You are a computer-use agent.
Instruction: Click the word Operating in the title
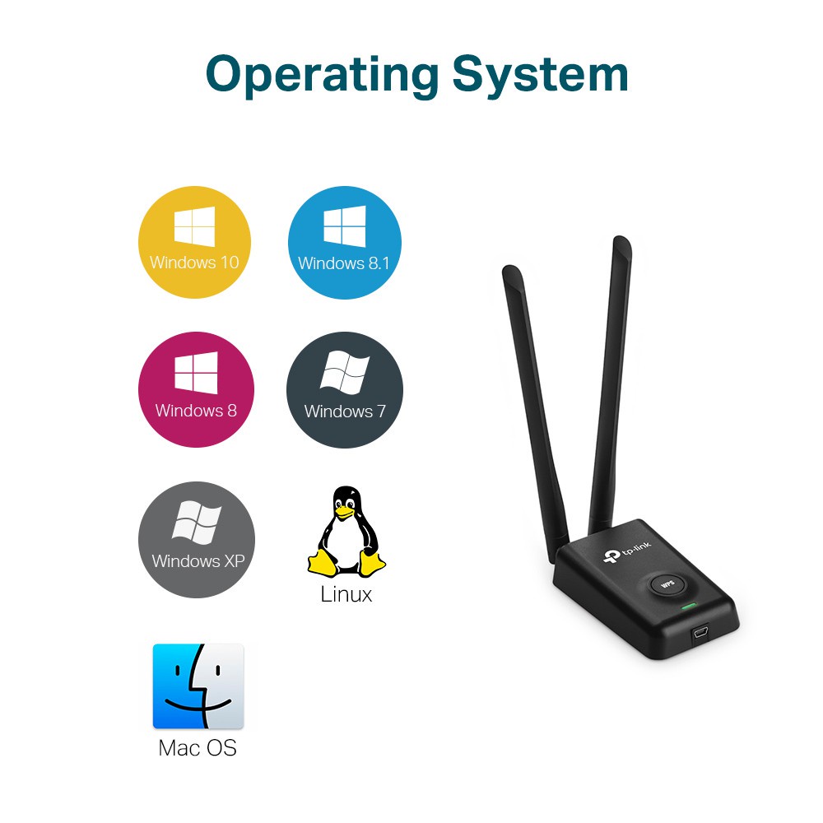(x=323, y=76)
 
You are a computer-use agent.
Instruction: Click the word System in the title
(x=540, y=75)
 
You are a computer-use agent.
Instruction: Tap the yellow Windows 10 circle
(x=195, y=243)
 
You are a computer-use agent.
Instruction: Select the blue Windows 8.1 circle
(x=345, y=243)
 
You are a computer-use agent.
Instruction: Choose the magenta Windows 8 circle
(x=196, y=389)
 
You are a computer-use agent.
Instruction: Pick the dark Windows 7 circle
(x=345, y=390)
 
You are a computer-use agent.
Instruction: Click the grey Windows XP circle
(x=197, y=540)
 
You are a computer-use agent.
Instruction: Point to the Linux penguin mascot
(x=346, y=531)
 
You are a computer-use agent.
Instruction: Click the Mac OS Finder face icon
(x=198, y=686)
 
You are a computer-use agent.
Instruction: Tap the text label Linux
(x=346, y=595)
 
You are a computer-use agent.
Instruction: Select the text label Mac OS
(x=198, y=748)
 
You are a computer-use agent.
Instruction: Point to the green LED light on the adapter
(x=688, y=607)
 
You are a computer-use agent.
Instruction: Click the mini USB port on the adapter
(x=700, y=633)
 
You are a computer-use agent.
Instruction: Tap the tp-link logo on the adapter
(x=626, y=551)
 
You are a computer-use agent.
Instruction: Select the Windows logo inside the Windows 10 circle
(x=195, y=226)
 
